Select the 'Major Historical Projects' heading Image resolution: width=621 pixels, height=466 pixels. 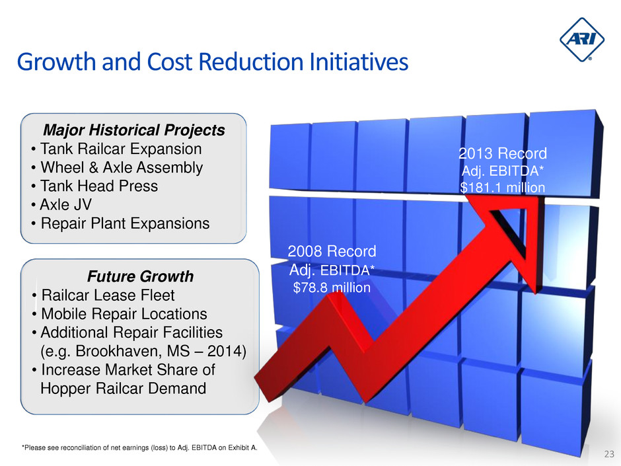point(133,130)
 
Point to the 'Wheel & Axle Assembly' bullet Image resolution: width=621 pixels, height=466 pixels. point(121,167)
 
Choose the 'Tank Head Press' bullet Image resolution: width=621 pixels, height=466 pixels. point(99,186)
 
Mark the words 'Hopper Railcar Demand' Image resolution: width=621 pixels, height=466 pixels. point(123,388)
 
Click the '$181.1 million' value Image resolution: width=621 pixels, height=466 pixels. point(503,188)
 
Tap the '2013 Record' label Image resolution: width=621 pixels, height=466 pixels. point(503,154)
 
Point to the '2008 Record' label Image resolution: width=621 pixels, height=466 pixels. point(332,252)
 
